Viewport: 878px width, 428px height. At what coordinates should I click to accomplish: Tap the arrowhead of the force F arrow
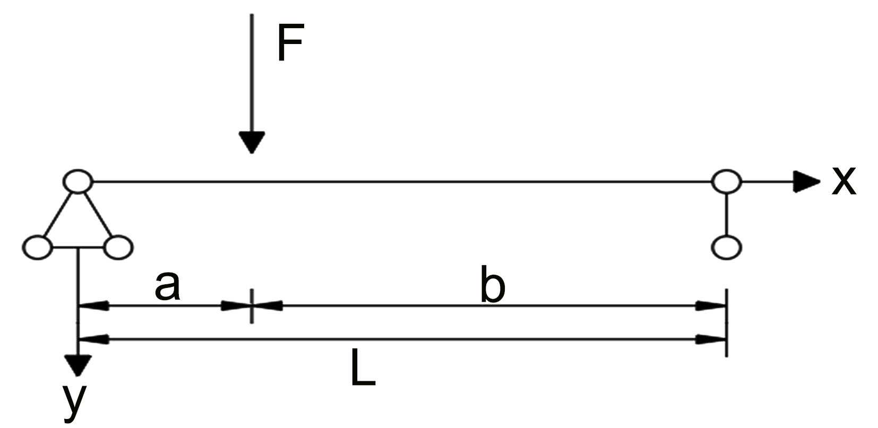pos(252,142)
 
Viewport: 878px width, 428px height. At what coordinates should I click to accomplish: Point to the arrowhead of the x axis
pos(806,182)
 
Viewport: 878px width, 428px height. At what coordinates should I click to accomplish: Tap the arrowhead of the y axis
pos(79,365)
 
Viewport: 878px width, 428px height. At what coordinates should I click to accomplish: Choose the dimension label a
pos(168,287)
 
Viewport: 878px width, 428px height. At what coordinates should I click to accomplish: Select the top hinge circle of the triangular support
pos(78,181)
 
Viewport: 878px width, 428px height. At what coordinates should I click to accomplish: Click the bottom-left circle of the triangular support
pos(37,247)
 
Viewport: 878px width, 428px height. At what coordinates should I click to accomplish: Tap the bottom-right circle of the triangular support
pos(117,247)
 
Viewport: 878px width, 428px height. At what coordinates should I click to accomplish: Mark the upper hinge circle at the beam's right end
pos(726,181)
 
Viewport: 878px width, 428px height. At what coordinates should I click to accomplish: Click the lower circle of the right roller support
pos(726,247)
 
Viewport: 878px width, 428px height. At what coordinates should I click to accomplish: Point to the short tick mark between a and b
pos(252,305)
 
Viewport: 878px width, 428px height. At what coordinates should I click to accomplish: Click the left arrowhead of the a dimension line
pos(94,305)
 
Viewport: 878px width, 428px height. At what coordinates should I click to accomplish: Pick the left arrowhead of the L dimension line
pos(94,339)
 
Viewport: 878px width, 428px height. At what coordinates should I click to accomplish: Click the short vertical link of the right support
pos(726,214)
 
